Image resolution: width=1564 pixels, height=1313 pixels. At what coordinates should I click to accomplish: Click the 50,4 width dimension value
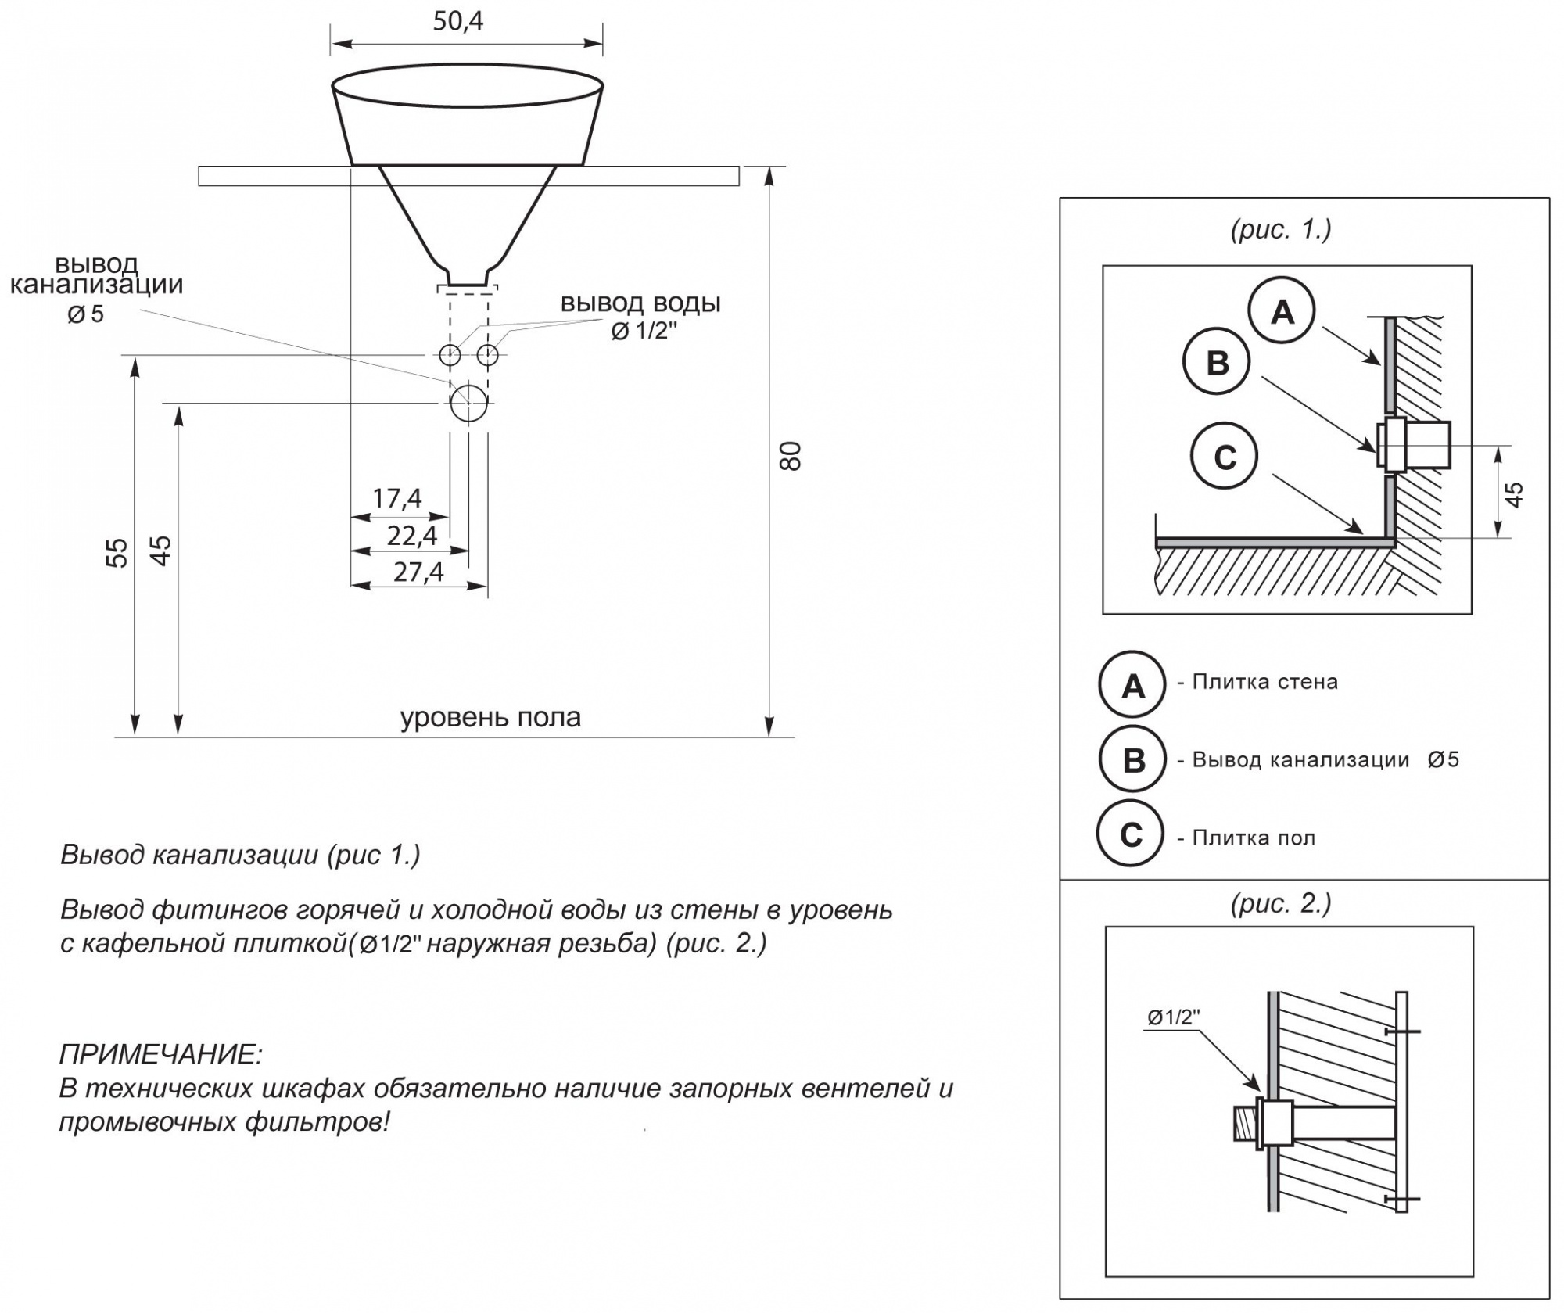pos(458,21)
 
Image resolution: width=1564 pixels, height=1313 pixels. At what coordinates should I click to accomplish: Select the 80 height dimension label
pos(791,456)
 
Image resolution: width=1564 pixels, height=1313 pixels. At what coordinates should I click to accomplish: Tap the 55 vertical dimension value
pos(117,552)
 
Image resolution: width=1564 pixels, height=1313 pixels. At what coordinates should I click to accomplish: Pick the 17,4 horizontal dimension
pos(397,497)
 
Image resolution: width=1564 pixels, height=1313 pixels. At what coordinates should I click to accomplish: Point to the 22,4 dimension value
pos(412,535)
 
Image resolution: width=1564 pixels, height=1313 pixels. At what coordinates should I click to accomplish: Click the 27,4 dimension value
pos(418,572)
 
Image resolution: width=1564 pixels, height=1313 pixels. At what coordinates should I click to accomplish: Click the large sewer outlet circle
pos(469,403)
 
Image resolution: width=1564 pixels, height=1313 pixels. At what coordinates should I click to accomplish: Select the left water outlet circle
pos(450,355)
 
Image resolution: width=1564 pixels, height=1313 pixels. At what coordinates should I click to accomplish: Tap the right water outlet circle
pos(487,355)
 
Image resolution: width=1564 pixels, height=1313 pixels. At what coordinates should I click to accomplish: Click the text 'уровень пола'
pos(490,717)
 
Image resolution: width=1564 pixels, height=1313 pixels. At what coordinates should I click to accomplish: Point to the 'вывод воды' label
pos(640,303)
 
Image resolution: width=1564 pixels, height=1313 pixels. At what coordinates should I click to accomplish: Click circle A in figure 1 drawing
pos(1282,311)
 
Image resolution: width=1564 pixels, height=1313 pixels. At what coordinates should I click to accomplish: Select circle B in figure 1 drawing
pos(1217,362)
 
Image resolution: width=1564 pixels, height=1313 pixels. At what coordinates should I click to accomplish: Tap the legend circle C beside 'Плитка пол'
pos(1131,834)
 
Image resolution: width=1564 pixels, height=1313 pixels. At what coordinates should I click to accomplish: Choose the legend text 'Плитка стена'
pos(1264,681)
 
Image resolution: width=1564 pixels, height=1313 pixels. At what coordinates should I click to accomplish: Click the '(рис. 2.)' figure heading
pos(1281,903)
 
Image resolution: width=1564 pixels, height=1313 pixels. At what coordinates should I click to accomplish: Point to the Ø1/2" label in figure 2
pos(1174,1017)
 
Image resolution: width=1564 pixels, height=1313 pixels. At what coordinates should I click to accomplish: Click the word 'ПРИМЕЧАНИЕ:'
pos(161,1054)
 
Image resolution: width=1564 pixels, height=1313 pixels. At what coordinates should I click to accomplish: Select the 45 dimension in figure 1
pos(1515,494)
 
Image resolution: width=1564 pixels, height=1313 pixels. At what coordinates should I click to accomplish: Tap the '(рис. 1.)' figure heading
pos(1281,229)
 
